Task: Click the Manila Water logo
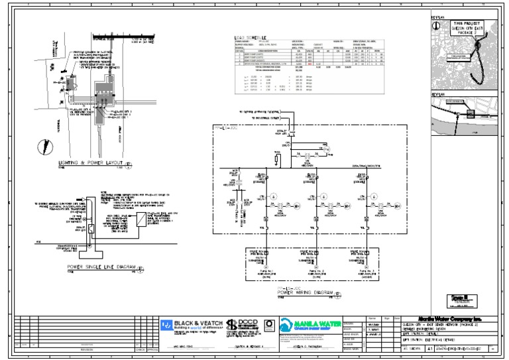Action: click(x=307, y=325)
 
